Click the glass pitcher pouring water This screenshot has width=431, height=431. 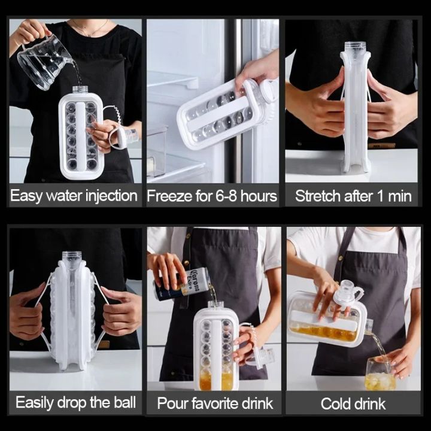(45, 60)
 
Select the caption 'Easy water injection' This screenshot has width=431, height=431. (74, 196)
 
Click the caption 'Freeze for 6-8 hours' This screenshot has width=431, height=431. (212, 196)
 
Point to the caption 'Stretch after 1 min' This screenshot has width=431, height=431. (353, 196)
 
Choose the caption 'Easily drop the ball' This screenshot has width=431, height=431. (75, 402)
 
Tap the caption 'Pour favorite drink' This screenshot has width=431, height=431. (215, 403)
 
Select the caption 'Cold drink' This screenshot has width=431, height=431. (353, 403)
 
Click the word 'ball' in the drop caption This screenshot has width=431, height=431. (123, 402)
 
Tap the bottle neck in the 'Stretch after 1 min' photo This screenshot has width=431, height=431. (355, 48)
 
